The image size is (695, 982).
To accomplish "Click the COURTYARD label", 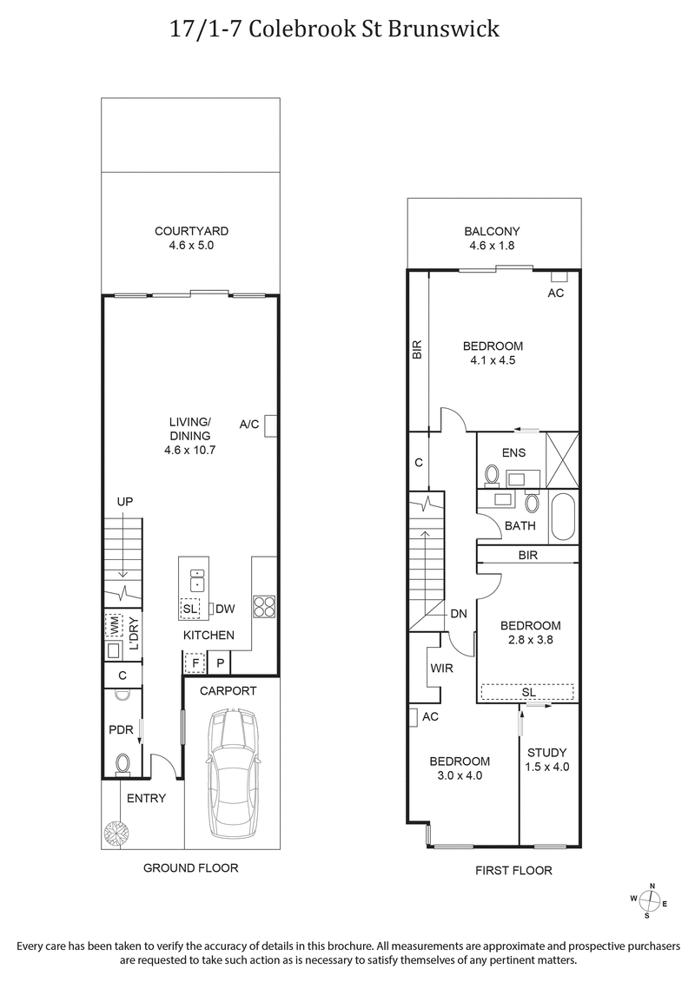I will (191, 231).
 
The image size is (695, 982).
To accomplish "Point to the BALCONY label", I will (492, 231).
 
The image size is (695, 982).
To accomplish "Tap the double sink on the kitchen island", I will (197, 579).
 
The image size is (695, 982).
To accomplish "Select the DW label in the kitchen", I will (224, 610).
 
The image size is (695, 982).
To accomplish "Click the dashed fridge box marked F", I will (195, 663).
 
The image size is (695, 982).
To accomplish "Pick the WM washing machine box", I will (114, 623).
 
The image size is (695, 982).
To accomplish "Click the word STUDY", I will (546, 753).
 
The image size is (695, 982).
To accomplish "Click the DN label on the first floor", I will (459, 614).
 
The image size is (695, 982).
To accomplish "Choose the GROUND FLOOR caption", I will (190, 867).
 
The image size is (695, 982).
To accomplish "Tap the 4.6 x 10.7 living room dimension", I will (189, 450).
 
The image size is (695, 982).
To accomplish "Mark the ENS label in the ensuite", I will (514, 453).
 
